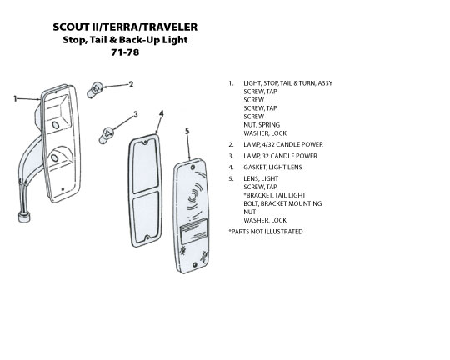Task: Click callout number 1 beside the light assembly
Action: click(15, 99)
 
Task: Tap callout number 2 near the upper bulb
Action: click(131, 84)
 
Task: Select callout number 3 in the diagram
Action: click(136, 114)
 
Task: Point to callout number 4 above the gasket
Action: click(162, 113)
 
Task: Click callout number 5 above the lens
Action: click(187, 131)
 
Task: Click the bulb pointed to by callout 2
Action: click(94, 89)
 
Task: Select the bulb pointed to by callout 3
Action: click(106, 136)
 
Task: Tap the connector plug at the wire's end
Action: click(24, 216)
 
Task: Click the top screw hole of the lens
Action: click(192, 167)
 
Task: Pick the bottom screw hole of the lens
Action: click(194, 264)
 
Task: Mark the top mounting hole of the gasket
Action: click(146, 142)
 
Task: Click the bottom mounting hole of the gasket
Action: click(147, 238)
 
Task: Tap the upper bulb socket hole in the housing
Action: click(55, 125)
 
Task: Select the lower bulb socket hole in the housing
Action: click(54, 158)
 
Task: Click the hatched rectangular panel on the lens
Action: click(193, 230)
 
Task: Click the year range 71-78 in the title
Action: click(125, 52)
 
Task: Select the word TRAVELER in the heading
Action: click(170, 27)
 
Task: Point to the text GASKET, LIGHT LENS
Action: click(272, 167)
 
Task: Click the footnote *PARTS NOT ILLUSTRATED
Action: click(266, 232)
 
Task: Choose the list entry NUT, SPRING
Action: click(262, 125)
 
